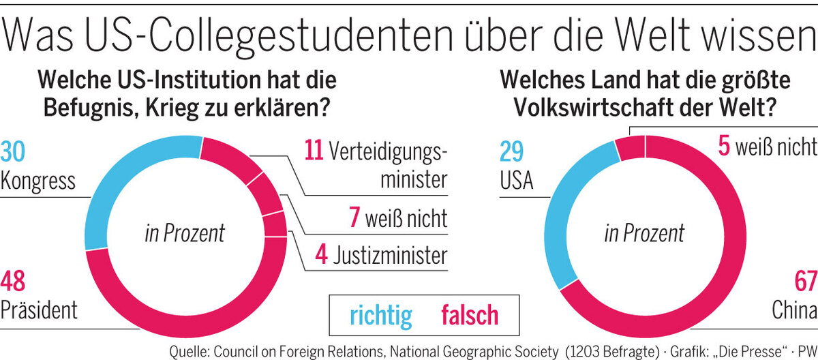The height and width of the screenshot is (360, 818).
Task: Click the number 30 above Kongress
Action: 13,151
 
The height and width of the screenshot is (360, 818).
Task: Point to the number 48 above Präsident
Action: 14,281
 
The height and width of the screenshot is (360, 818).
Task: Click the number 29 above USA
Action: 513,151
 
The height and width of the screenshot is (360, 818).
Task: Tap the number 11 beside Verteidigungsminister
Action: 313,151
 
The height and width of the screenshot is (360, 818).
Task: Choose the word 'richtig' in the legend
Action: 381,315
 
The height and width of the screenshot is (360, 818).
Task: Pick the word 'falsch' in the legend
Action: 470,315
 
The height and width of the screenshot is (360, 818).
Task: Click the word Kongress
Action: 37,182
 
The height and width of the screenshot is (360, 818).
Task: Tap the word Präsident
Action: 39,310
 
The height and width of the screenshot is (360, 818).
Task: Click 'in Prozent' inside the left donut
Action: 185,234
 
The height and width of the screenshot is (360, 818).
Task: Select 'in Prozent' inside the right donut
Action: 644,234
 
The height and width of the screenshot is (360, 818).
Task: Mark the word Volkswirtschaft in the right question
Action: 600,109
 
